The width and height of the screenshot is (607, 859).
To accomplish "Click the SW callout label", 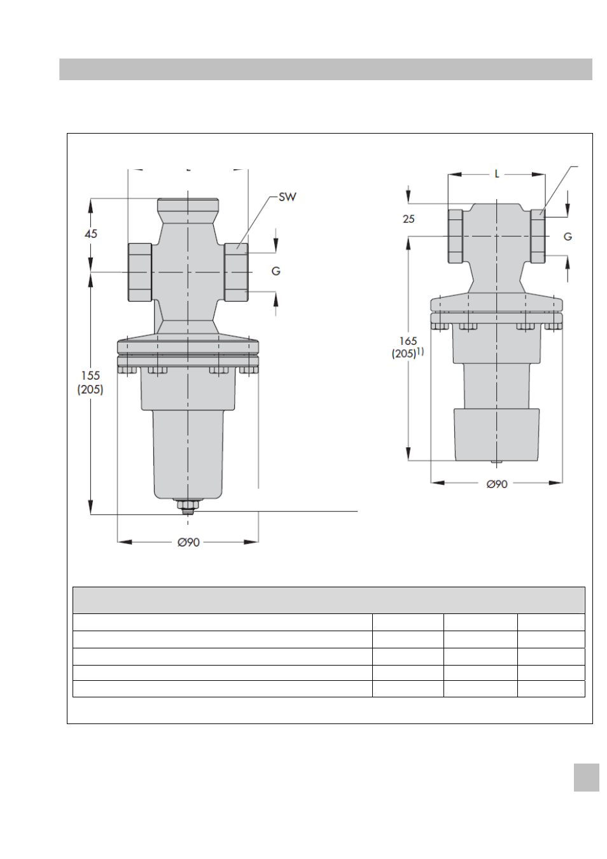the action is [287, 197].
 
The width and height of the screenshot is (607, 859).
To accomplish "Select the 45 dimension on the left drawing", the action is [91, 234].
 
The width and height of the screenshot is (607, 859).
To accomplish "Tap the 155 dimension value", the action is [90, 375].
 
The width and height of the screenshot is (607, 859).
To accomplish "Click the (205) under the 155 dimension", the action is [90, 389].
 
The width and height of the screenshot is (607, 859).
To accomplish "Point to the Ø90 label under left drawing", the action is [188, 542].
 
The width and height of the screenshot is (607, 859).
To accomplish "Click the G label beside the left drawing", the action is [276, 271].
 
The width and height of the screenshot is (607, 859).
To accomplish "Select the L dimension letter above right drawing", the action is [497, 174].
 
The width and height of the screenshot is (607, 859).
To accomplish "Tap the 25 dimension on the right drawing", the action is [408, 219].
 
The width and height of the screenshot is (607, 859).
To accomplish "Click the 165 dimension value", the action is [408, 340].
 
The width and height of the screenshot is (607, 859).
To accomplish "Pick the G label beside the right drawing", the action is [568, 237].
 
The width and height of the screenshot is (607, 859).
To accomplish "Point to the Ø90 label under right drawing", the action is [497, 484].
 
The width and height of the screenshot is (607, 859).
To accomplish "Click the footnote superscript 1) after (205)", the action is [421, 351].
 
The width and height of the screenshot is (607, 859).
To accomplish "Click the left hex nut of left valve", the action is [140, 272].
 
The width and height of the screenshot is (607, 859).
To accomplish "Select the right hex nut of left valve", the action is [236, 272].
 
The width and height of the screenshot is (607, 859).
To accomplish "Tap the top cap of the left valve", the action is [188, 206].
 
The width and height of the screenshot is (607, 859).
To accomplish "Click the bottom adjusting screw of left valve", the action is [188, 506].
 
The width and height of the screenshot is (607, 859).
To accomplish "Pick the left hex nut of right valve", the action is [456, 236].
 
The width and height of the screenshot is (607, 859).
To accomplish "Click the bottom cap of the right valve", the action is [497, 434].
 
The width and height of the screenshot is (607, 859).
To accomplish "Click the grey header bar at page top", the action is [326, 69].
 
